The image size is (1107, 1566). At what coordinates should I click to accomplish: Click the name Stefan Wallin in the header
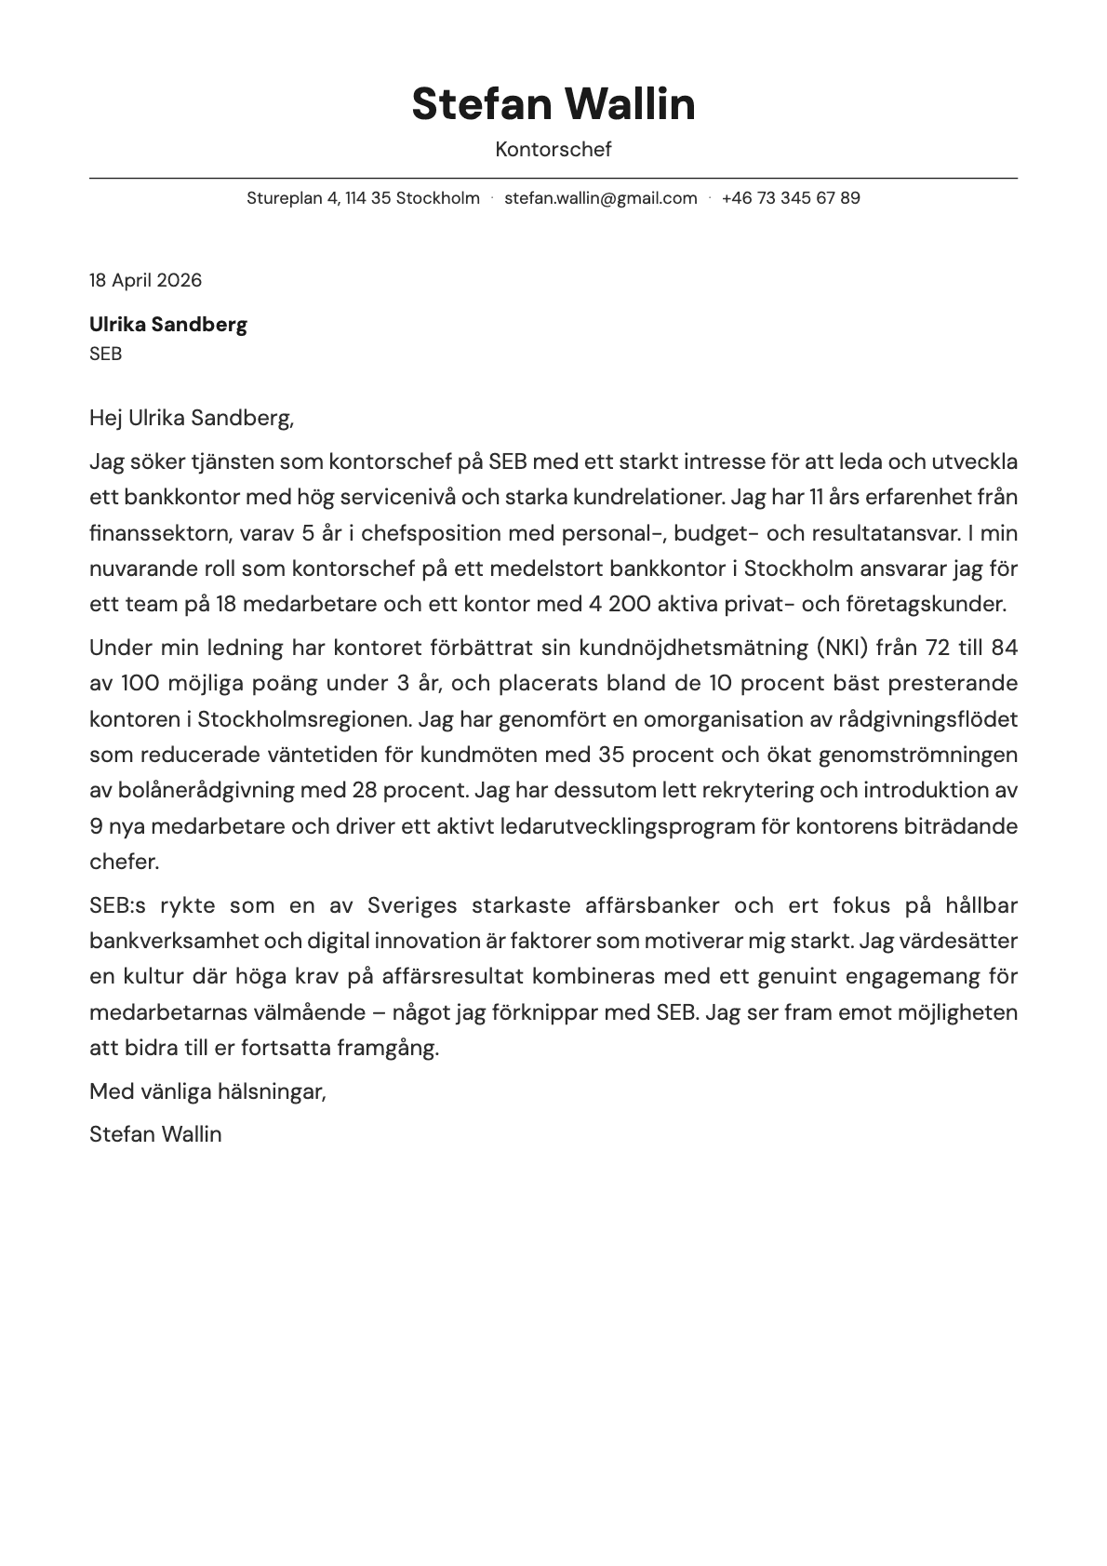pyautogui.click(x=553, y=103)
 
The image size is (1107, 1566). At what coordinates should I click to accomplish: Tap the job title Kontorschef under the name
pyautogui.click(x=553, y=149)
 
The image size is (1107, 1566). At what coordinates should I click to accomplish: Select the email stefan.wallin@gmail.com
pyautogui.click(x=600, y=198)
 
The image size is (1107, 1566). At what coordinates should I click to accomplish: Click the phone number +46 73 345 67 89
pyautogui.click(x=790, y=198)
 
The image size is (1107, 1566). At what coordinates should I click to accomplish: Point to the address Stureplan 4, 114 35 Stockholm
pyautogui.click(x=363, y=198)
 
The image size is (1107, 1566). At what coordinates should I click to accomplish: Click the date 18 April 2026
pyautogui.click(x=145, y=280)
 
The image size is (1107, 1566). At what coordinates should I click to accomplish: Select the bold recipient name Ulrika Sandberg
pyautogui.click(x=168, y=325)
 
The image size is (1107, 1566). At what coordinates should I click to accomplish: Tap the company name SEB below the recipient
pyautogui.click(x=105, y=354)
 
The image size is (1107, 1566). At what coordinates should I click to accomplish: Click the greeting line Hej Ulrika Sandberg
pyautogui.click(x=192, y=418)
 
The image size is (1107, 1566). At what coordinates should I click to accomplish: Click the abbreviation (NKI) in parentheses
pyautogui.click(x=842, y=648)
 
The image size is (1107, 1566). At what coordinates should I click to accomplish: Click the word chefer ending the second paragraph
pyautogui.click(x=124, y=862)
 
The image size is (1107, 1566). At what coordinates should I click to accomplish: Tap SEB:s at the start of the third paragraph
pyautogui.click(x=118, y=905)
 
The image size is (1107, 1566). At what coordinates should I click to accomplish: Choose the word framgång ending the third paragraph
pyautogui.click(x=387, y=1048)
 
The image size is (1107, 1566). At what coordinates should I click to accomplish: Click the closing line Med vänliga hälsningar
pyautogui.click(x=207, y=1091)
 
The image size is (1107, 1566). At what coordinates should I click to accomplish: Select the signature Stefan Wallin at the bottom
pyautogui.click(x=155, y=1134)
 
